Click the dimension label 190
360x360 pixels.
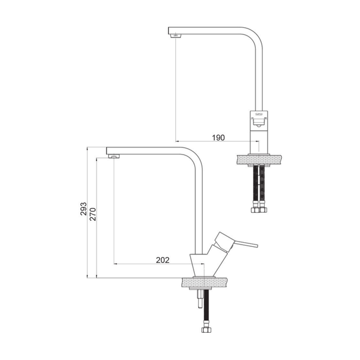pos(218,138)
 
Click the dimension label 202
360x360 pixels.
pos(163,260)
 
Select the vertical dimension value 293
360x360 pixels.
pos(83,208)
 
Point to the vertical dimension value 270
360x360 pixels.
pos(93,214)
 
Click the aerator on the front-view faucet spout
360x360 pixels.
pos(176,36)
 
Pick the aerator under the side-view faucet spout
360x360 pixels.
pos(114,156)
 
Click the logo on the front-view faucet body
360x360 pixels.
pos(259,114)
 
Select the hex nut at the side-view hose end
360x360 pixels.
pos(206,330)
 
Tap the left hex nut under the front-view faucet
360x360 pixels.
pos(255,210)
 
